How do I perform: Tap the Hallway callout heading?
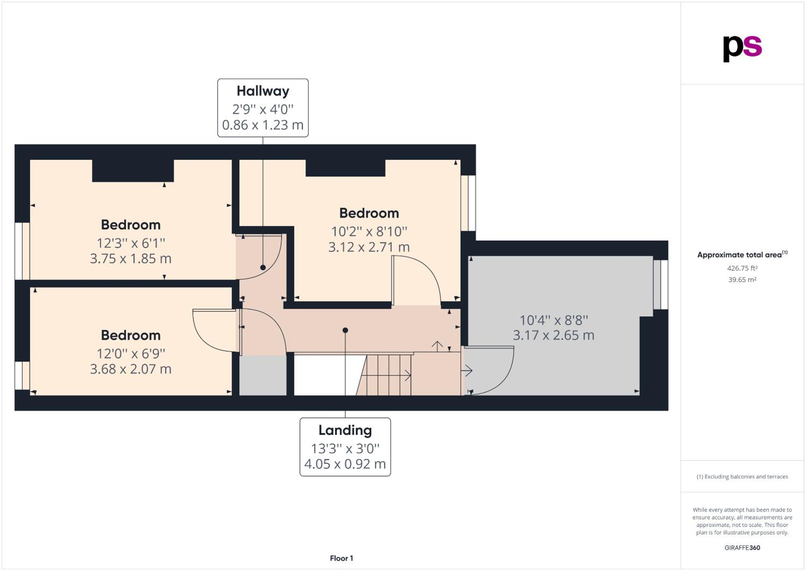click(x=263, y=91)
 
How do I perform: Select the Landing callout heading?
click(x=345, y=430)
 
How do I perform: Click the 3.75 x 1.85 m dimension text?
click(x=131, y=259)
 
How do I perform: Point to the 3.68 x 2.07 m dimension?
click(x=131, y=369)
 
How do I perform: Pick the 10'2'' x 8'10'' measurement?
click(x=369, y=232)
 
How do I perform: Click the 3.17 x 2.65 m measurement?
click(x=553, y=335)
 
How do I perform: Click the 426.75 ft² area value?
click(x=742, y=268)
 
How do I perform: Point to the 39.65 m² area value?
click(x=742, y=280)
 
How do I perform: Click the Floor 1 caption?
click(x=341, y=558)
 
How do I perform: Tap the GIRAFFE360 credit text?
click(x=742, y=548)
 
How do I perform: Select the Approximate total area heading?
click(x=742, y=255)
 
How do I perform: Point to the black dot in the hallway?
click(x=263, y=268)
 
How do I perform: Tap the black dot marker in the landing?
click(x=345, y=330)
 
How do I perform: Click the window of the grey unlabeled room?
click(x=661, y=284)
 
